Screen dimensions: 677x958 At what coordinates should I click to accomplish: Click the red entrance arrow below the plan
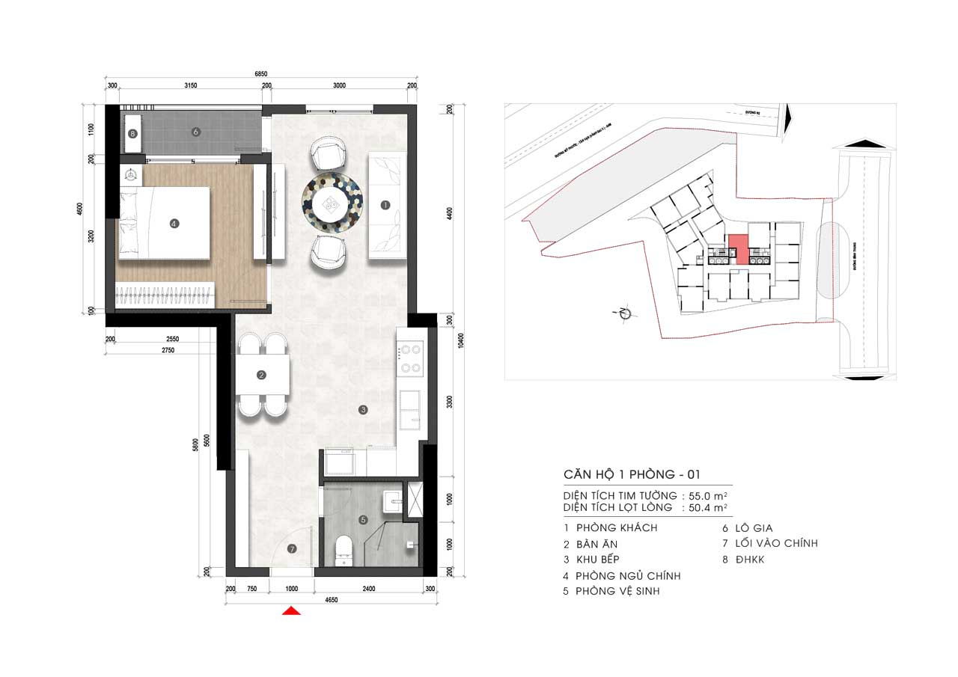(291, 611)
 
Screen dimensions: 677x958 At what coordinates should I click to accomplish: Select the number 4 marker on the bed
(174, 223)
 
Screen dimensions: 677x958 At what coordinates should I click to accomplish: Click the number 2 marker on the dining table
(261, 376)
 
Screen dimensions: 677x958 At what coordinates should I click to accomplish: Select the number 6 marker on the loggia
(195, 132)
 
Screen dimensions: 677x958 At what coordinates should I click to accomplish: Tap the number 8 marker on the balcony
(132, 135)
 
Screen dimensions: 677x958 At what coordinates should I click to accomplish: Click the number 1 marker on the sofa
(385, 204)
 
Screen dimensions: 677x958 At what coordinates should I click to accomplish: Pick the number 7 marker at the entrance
(292, 548)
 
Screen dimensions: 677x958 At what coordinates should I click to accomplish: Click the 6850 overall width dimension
(260, 74)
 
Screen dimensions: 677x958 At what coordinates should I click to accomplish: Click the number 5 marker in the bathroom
(363, 519)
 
